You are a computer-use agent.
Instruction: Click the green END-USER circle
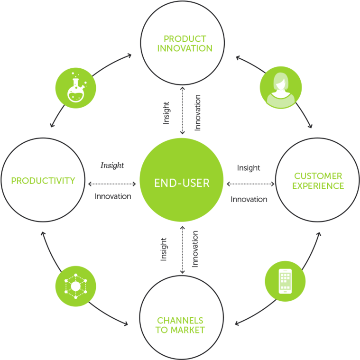(x=181, y=183)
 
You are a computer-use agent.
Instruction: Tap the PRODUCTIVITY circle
(x=43, y=181)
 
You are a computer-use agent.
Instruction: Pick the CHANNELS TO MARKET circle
(x=180, y=318)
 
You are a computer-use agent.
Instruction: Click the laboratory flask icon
(x=76, y=88)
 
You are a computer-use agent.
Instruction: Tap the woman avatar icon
(x=280, y=87)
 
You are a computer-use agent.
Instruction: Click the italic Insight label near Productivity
(x=112, y=166)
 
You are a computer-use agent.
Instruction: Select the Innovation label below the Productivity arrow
(x=112, y=196)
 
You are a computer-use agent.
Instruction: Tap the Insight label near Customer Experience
(x=249, y=168)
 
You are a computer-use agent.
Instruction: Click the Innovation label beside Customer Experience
(x=249, y=199)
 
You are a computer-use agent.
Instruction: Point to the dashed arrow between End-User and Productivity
(x=112, y=183)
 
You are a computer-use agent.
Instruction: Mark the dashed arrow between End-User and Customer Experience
(x=250, y=184)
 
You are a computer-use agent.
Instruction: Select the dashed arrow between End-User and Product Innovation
(x=182, y=111)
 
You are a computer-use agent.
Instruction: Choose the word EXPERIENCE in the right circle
(x=318, y=185)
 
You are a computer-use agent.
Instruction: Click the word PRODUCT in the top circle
(x=185, y=39)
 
